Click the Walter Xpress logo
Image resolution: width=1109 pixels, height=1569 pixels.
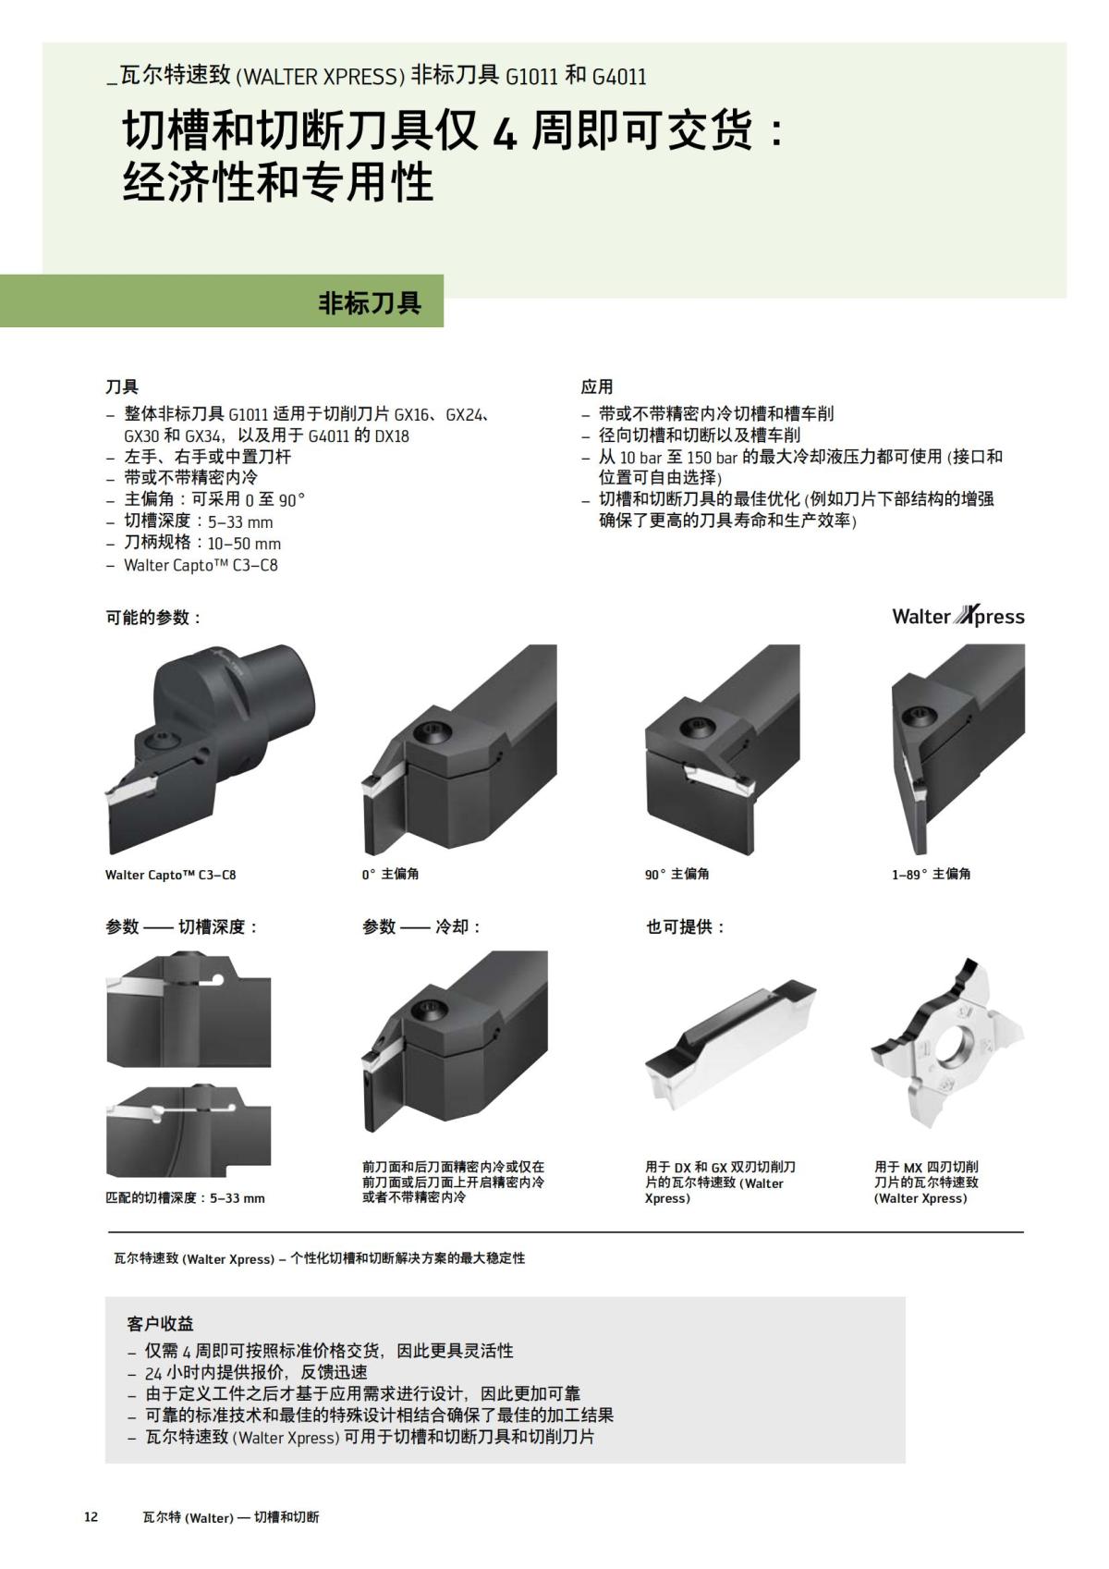coord(957,617)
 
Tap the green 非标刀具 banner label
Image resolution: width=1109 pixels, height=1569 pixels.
coord(370,302)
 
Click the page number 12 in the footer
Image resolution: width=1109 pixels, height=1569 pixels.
coord(91,1517)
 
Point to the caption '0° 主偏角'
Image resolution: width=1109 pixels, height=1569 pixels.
coord(390,874)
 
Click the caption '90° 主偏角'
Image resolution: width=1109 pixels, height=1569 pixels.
coord(676,874)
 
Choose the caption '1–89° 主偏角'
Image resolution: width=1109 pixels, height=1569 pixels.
coord(931,874)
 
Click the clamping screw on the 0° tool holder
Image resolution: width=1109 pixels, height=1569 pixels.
coord(430,732)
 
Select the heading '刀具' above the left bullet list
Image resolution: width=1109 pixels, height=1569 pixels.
coord(122,386)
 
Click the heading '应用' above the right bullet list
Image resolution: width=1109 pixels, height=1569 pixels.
coord(597,386)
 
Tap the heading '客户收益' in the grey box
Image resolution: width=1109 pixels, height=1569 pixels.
coord(160,1324)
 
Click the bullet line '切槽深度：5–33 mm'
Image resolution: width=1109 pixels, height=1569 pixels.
coord(199,521)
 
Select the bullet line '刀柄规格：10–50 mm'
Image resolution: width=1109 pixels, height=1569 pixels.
coord(202,543)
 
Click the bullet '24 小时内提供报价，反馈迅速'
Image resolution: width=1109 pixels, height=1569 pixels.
coord(256,1372)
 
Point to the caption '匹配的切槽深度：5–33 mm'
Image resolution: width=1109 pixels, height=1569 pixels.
coord(185,1198)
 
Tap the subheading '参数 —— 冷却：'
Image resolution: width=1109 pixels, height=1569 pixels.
coord(421,926)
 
